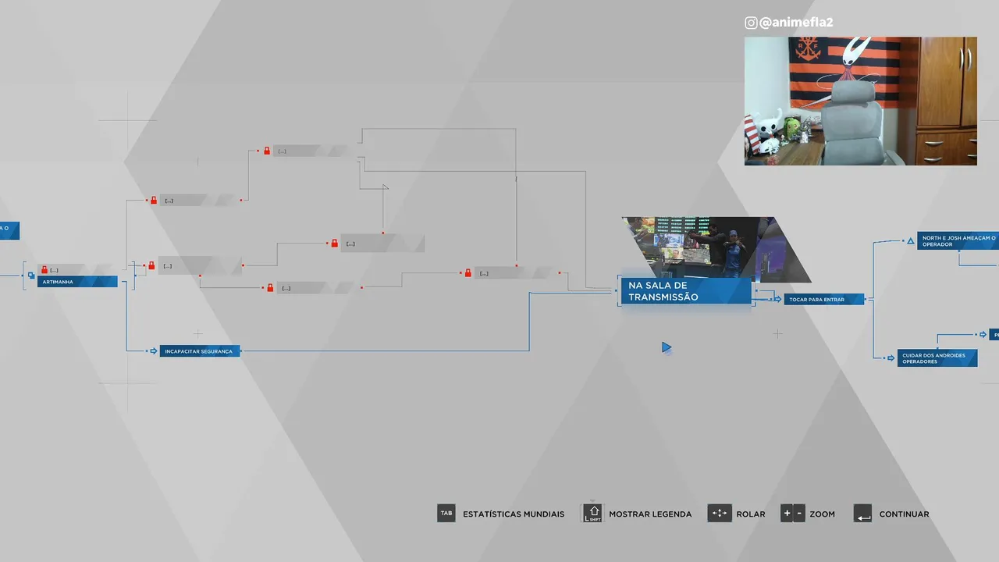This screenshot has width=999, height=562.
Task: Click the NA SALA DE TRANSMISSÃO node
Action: coord(685,291)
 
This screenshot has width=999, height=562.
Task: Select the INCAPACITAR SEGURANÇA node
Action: coord(199,351)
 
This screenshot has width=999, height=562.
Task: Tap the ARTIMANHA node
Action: coord(77,282)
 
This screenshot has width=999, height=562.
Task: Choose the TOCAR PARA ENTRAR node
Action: coord(824,299)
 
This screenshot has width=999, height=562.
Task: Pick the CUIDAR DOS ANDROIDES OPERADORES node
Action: coord(937,358)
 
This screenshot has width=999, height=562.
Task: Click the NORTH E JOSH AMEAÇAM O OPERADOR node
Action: coord(958,240)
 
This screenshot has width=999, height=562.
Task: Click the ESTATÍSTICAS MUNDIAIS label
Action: coord(513,514)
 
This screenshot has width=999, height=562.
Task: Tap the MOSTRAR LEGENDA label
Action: coord(650,514)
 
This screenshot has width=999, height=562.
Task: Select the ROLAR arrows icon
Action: coord(719,514)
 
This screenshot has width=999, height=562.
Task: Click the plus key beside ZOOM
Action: coord(786,514)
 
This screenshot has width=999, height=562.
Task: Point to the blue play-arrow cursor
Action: coord(666,347)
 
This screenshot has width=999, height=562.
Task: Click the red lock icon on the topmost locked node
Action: coord(267,151)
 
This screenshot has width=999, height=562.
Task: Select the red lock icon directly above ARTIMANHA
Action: coord(44,269)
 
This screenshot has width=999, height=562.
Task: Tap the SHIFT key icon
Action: coord(593,514)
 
